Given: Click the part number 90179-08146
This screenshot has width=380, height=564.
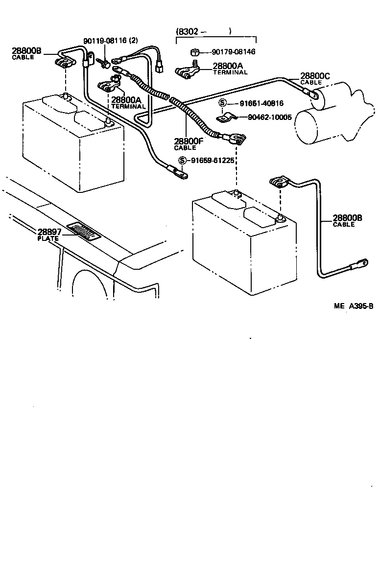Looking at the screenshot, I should (234, 51).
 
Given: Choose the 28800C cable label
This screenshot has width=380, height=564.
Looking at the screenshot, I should (315, 76).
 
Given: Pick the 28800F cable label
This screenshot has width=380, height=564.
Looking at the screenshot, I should (188, 142).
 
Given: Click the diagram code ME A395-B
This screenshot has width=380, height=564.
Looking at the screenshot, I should (354, 306).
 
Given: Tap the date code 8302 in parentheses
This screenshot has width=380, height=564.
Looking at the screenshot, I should (188, 32).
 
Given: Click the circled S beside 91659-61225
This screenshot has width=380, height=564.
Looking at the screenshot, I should (182, 161).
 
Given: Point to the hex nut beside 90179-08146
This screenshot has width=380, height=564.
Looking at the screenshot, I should (194, 52).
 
